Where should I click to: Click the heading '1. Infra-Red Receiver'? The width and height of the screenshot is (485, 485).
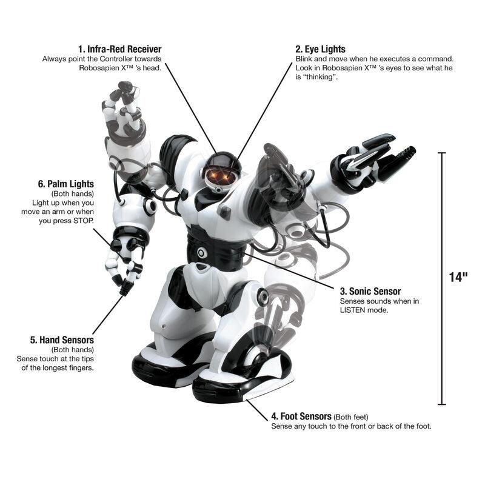119,49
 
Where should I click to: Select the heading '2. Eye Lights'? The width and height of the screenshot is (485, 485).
321,49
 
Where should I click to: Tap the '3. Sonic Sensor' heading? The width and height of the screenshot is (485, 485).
370,292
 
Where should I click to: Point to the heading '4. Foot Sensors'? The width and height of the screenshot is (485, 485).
301,416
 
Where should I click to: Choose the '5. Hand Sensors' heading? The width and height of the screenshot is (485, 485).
62,340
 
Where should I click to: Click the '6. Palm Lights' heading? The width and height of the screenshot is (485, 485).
66,184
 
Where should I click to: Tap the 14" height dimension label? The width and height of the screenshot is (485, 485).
458,277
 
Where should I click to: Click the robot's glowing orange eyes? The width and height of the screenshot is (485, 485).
222,176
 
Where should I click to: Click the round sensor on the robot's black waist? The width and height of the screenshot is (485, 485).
201,253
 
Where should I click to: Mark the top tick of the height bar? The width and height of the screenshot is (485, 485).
442,153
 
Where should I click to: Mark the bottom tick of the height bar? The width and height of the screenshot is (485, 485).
442,404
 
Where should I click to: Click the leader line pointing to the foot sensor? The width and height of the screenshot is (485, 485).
257,410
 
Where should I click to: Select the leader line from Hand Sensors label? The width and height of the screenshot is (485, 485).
109,315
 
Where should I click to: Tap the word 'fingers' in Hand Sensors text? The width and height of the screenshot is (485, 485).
82,368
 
